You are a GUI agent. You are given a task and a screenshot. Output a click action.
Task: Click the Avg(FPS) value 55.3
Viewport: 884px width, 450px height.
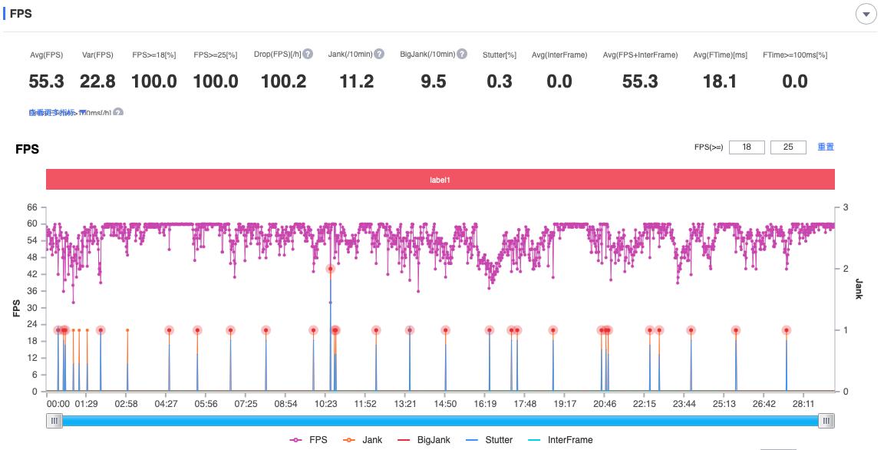point(46,81)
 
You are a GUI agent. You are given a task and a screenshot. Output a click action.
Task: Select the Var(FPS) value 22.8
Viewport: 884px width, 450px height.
point(98,81)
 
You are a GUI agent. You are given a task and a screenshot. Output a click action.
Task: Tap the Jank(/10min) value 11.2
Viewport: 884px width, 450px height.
point(357,81)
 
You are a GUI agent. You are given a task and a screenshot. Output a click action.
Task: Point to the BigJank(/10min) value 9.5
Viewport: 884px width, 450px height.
point(434,81)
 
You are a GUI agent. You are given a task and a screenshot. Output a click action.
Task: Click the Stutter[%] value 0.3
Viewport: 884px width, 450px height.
point(500,81)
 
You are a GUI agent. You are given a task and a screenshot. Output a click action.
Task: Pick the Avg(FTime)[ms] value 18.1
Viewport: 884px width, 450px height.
point(720,81)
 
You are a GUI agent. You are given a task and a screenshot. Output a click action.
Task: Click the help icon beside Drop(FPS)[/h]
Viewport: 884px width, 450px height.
point(308,55)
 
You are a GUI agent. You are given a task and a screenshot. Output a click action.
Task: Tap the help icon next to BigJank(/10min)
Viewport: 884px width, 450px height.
point(462,55)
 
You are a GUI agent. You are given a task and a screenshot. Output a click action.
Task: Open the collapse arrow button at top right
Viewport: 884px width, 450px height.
point(866,15)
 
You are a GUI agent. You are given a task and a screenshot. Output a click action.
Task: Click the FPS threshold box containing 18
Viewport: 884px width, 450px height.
point(747,147)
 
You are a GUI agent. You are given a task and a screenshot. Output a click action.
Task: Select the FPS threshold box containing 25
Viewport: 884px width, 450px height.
point(788,147)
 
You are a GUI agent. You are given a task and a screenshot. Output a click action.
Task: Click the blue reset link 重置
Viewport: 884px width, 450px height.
point(826,147)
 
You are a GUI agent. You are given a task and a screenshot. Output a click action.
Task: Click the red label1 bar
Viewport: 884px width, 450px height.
point(440,180)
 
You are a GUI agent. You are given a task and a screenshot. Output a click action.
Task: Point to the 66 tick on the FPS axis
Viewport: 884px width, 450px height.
point(32,207)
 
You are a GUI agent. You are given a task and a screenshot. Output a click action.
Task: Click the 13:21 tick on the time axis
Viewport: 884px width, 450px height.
point(405,404)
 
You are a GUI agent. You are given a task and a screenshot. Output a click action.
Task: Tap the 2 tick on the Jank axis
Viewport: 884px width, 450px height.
point(845,269)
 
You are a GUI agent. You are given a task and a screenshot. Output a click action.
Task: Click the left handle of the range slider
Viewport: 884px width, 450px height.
point(54,421)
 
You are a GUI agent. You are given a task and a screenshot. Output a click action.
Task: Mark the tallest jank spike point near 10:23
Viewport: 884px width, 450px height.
point(331,269)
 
